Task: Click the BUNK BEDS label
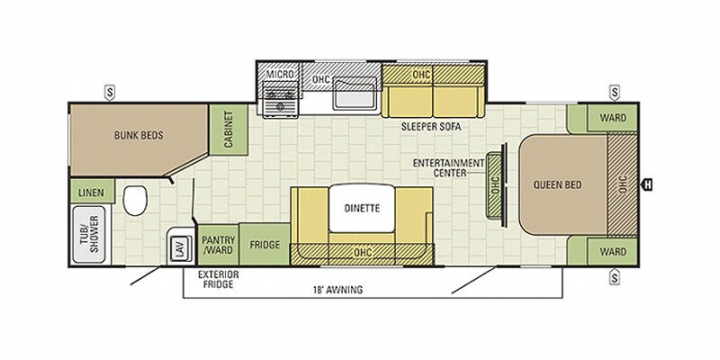pyautogui.click(x=139, y=136)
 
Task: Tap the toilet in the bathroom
pyautogui.click(x=135, y=201)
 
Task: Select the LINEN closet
pyautogui.click(x=92, y=193)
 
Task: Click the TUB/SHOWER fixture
pyautogui.click(x=89, y=234)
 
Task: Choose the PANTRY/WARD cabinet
pyautogui.click(x=218, y=245)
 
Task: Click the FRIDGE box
pyautogui.click(x=265, y=245)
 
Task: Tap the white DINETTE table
pyautogui.click(x=362, y=208)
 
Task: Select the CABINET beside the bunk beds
pyautogui.click(x=229, y=129)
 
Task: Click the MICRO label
pyautogui.click(x=280, y=74)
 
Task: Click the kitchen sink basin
pyautogui.click(x=355, y=94)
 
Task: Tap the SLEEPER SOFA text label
pyautogui.click(x=431, y=127)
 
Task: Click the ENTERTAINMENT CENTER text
pyautogui.click(x=448, y=167)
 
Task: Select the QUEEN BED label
pyautogui.click(x=557, y=184)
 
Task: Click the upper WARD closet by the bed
pyautogui.click(x=613, y=118)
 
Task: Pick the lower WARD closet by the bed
pyautogui.click(x=613, y=251)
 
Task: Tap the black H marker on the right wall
pyautogui.click(x=646, y=184)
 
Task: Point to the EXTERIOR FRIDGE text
pyautogui.click(x=218, y=279)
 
